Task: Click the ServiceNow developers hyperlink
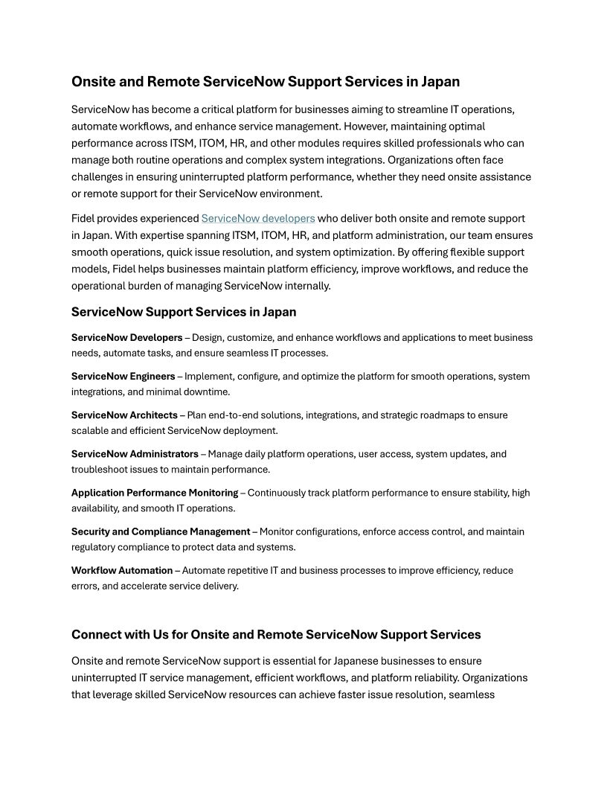click(x=258, y=219)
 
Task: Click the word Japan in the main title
click(x=439, y=82)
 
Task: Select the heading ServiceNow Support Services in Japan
click(x=184, y=312)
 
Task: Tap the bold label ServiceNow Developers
click(x=126, y=338)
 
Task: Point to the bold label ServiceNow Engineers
click(x=123, y=377)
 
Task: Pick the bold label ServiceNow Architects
click(x=124, y=415)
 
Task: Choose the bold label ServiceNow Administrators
click(x=135, y=454)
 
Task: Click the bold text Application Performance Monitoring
click(x=155, y=493)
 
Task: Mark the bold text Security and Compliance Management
click(x=161, y=531)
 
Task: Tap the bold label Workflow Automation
click(x=122, y=570)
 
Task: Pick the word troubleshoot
click(x=100, y=470)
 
